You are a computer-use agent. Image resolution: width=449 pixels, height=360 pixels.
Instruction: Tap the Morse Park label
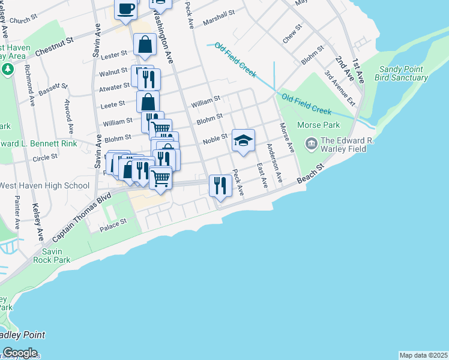point(318,125)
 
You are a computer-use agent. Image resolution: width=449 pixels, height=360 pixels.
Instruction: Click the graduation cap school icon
point(243,140)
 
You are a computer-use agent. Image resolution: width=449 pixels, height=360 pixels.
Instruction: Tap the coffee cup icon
point(126,8)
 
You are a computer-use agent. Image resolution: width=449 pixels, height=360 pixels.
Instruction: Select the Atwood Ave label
point(69,115)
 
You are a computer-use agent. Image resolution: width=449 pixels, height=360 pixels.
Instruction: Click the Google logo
point(20,352)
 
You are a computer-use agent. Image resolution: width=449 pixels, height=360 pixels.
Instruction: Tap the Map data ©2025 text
point(423,355)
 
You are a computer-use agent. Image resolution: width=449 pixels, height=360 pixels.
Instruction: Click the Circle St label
point(45,157)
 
